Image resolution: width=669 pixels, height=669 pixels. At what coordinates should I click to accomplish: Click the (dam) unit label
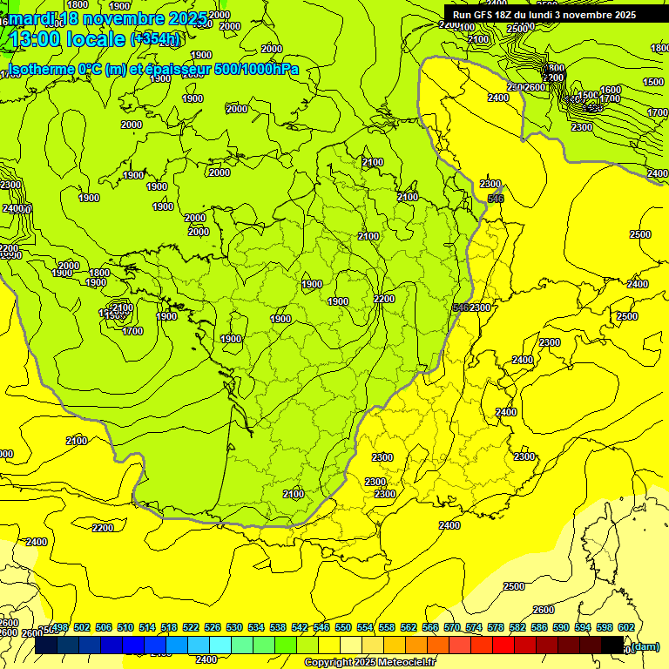[x=645, y=646]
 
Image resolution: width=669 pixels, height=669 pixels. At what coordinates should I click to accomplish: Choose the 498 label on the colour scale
[x=61, y=627]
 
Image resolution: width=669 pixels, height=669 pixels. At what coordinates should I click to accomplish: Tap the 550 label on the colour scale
[x=342, y=627]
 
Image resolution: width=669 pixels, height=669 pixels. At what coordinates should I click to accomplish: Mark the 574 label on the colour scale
[x=474, y=627]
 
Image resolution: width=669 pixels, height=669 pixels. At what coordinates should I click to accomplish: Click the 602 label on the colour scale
[x=625, y=627]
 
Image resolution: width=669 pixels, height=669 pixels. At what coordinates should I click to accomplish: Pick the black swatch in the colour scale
[x=612, y=645]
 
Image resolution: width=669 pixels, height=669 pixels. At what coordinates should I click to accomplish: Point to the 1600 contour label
[x=610, y=90]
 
